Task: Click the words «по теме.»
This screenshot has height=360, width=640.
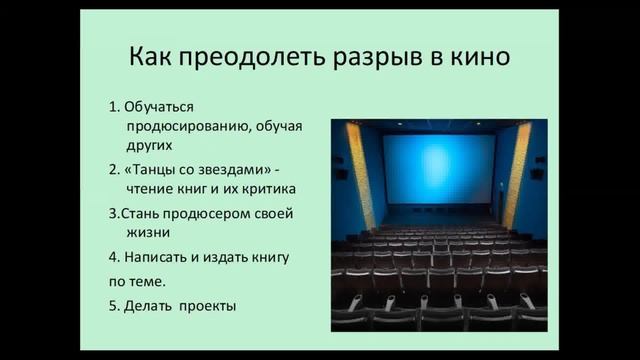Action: coord(137,281)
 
